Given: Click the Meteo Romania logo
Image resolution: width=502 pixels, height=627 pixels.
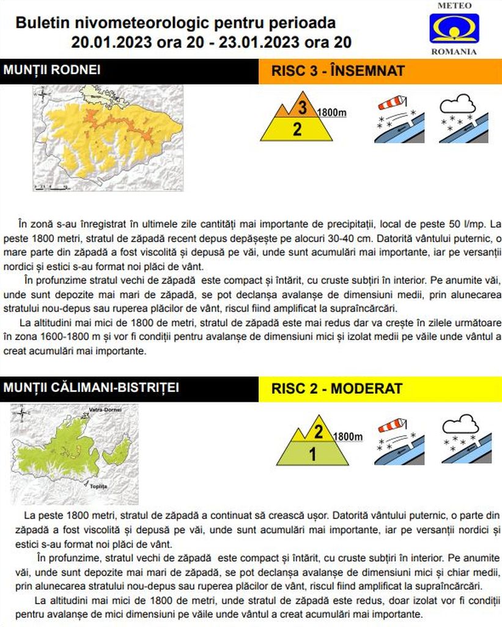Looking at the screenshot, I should coord(454,28).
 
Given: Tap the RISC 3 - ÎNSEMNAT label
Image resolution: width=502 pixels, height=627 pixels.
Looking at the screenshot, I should coord(338,71).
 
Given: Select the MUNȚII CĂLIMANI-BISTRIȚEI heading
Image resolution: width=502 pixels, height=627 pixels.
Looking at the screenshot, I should coord(92,388).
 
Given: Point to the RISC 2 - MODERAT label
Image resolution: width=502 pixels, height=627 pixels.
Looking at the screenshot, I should coord(337,389).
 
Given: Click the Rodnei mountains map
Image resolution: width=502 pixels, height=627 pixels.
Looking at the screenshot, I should coord(108,138).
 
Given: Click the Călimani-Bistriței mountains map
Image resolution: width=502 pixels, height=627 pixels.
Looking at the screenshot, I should coord(75,454).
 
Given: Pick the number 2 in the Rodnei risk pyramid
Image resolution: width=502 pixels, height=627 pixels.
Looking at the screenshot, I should coord(297,129).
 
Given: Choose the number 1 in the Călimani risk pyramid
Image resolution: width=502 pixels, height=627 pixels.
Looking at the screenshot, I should coord(312,454).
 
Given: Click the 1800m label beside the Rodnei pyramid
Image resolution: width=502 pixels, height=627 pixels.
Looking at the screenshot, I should coord(332,113).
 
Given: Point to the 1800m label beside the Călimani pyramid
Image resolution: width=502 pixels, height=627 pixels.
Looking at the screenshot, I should coord(348,437).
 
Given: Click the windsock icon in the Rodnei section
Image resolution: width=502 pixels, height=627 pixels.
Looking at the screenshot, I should coord(399,119).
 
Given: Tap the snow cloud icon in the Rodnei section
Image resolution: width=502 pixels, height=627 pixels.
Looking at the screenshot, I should coord(463,119).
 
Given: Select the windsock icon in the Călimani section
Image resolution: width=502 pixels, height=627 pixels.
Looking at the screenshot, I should coord(399,440).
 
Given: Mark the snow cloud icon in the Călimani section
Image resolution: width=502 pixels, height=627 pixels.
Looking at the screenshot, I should coord(466,440).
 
